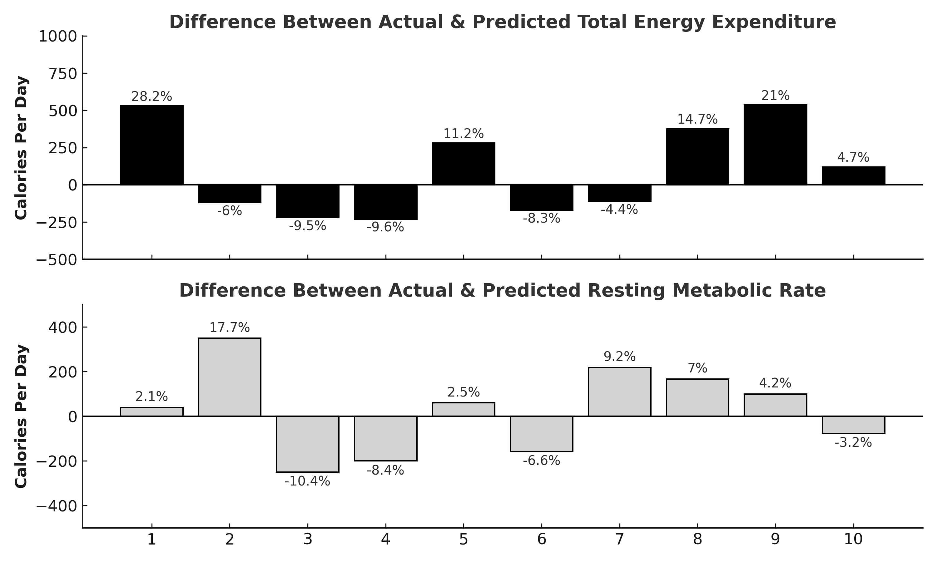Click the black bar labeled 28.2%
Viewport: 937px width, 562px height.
pos(151,145)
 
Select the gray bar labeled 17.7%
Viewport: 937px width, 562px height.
pos(230,377)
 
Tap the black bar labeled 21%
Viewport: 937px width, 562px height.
pos(775,145)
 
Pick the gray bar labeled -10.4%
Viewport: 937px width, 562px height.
pos(308,444)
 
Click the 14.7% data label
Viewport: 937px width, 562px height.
pos(697,119)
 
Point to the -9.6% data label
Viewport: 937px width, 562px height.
pos(385,227)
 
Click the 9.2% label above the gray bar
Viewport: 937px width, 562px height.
pos(619,356)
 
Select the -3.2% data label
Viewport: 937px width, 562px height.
pos(853,442)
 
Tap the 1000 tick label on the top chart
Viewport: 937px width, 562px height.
pos(57,37)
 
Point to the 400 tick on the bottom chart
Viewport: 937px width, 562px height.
pos(62,327)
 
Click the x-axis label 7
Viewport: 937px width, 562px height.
pos(619,539)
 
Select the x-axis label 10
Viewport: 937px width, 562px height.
pos(853,539)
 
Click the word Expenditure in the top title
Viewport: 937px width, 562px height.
pos(774,22)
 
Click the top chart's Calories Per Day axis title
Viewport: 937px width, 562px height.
pos(21,148)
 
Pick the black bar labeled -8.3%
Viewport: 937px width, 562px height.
pos(541,198)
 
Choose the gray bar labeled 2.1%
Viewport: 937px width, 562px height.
pos(151,412)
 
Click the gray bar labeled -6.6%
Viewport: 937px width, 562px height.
pos(541,434)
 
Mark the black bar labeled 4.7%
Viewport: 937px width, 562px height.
pos(853,176)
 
